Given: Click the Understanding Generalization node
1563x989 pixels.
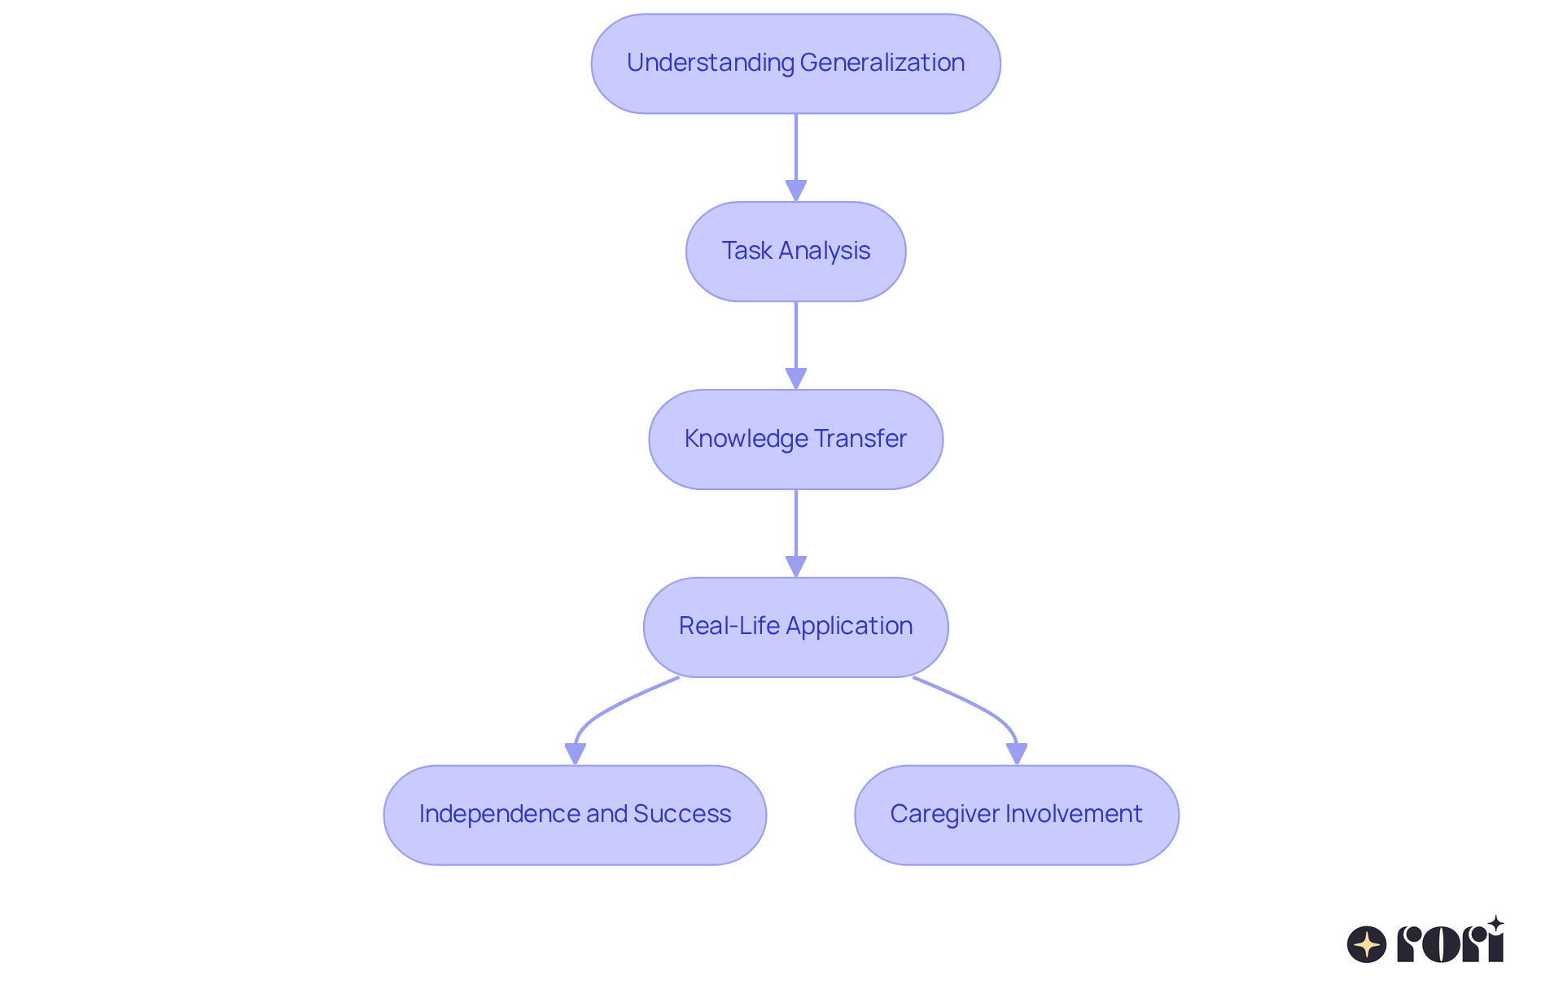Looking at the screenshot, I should (795, 63).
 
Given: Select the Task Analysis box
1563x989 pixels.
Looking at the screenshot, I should (795, 252).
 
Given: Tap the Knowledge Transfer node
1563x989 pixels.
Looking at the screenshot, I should (795, 440).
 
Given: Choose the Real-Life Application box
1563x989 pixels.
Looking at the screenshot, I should (795, 627).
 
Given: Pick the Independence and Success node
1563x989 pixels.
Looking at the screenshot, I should (575, 815).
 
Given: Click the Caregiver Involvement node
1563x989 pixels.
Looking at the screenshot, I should (1016, 815).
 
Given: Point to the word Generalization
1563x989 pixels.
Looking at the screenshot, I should (882, 63).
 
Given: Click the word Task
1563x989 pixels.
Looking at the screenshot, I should (746, 251).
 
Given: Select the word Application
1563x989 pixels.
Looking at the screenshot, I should (849, 626).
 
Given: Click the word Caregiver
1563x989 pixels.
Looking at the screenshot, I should (944, 814).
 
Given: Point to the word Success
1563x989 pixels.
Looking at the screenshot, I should (682, 814).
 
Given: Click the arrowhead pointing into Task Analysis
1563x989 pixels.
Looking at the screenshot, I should (795, 191).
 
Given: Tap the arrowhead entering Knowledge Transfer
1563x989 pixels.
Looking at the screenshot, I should (795, 379).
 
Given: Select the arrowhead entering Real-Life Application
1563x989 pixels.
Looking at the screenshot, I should (795, 567).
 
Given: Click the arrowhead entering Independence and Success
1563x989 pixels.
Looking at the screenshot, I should (575, 755).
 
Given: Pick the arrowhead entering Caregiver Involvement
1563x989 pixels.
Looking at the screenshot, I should (1016, 755).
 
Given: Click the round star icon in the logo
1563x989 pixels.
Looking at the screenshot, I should (1366, 944).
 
